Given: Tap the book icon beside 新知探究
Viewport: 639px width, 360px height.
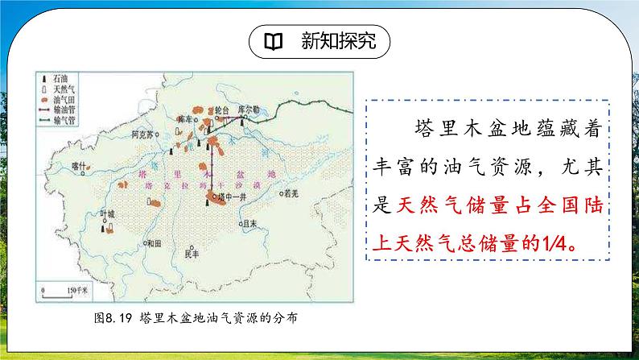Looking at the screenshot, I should click(x=274, y=41).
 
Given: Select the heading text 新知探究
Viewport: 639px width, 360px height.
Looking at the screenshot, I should click(x=333, y=41).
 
